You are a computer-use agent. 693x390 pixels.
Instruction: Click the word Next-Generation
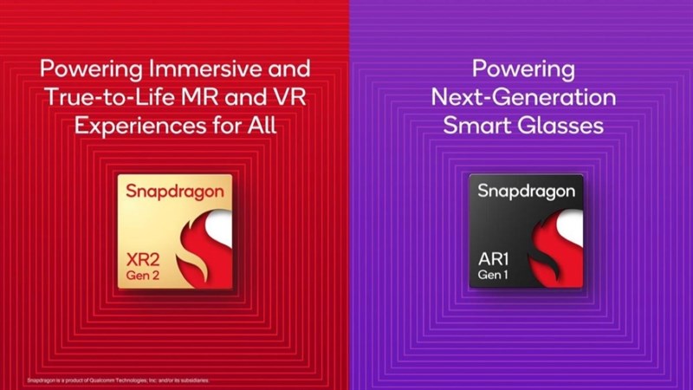point(523,97)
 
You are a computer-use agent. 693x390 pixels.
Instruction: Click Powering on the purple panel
point(523,68)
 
